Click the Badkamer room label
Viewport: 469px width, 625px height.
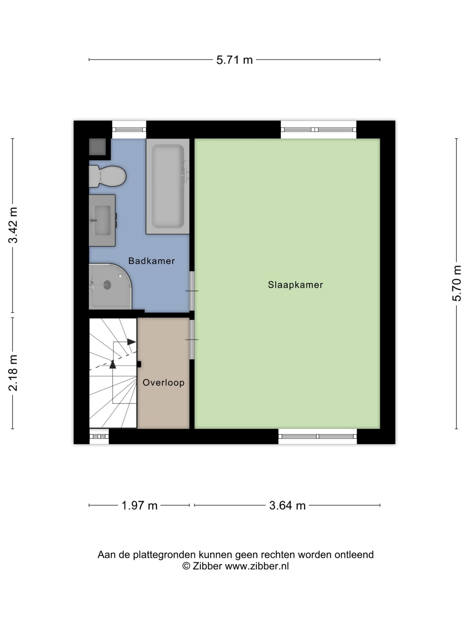click(x=151, y=261)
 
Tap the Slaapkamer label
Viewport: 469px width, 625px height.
click(x=295, y=285)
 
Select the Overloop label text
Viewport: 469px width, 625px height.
click(x=164, y=383)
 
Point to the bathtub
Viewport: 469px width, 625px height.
click(x=168, y=186)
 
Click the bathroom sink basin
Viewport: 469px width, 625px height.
click(x=102, y=220)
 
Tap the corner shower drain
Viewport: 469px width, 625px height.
click(x=107, y=285)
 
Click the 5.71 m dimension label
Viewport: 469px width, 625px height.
click(x=234, y=60)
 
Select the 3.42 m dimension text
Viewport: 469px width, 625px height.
click(x=13, y=225)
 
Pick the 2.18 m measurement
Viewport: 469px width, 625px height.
click(x=13, y=373)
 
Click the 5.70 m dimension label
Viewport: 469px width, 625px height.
click(x=457, y=284)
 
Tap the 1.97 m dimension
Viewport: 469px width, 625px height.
click(x=140, y=505)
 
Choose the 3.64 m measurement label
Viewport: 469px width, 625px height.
click(x=288, y=505)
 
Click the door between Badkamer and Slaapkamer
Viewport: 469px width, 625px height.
click(x=192, y=291)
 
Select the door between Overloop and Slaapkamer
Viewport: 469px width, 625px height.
click(x=192, y=339)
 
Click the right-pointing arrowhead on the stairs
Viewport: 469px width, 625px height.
click(x=132, y=342)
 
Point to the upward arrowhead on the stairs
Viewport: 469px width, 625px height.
click(x=113, y=364)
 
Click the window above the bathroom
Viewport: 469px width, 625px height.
click(x=129, y=130)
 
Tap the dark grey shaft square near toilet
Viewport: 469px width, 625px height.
click(x=98, y=147)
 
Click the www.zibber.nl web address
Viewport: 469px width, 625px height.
click(x=257, y=566)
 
